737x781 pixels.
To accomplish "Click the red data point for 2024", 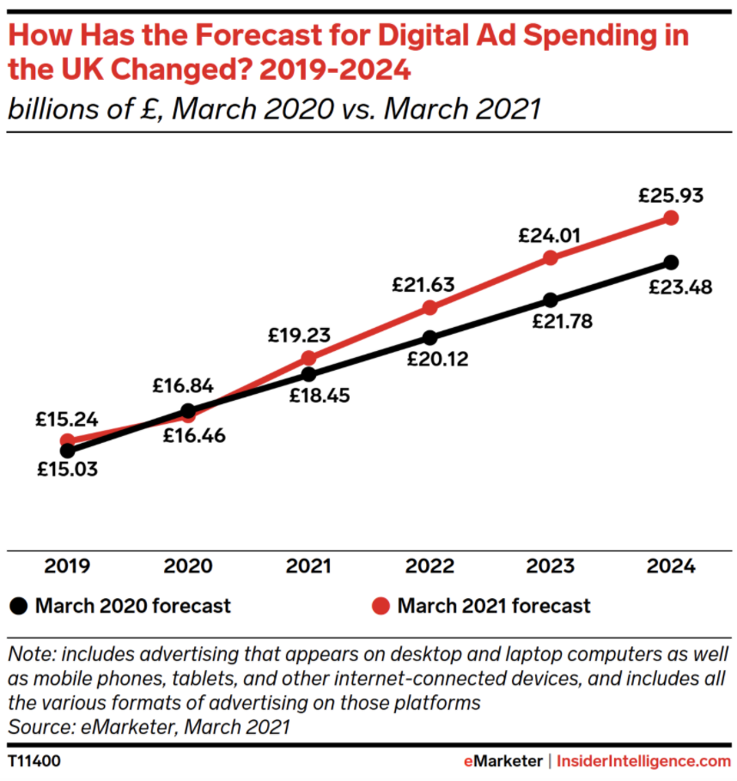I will [x=672, y=218].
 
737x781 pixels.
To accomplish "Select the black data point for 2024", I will [x=672, y=262].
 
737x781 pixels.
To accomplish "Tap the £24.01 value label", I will [x=550, y=234].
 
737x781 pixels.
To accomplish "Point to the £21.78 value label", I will [x=563, y=323].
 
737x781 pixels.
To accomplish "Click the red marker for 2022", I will [x=429, y=307].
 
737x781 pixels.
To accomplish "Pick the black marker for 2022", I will [x=429, y=337].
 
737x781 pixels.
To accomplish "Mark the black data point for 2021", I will [x=308, y=374].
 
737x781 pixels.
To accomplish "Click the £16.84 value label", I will [x=183, y=385].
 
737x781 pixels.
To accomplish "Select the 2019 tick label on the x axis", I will [x=66, y=567].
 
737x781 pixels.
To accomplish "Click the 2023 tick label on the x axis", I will [x=551, y=567].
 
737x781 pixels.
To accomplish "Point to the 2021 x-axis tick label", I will [x=308, y=567].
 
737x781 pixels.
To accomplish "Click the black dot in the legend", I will [x=18, y=605].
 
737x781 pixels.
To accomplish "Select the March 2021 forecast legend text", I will [x=494, y=605].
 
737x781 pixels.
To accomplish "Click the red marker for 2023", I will [x=551, y=257].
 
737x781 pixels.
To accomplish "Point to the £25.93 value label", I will [x=671, y=195].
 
